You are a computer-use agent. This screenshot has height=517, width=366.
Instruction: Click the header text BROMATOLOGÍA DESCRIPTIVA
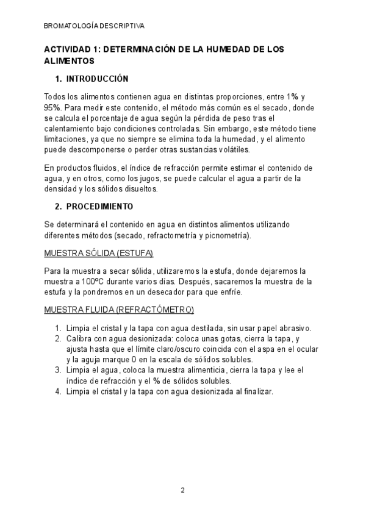coord(95,26)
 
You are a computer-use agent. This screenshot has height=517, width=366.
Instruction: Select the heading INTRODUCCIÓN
coord(97,79)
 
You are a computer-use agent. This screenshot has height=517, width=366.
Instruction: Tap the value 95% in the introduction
coord(54,108)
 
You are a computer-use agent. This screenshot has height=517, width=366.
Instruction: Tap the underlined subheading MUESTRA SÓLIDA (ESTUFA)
coord(99,253)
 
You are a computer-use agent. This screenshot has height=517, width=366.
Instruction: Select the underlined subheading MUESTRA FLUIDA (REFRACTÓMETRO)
coord(119,310)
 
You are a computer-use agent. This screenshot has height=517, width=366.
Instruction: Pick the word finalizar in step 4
coord(256,392)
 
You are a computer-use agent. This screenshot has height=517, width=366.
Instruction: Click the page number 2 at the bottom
coord(182,490)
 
